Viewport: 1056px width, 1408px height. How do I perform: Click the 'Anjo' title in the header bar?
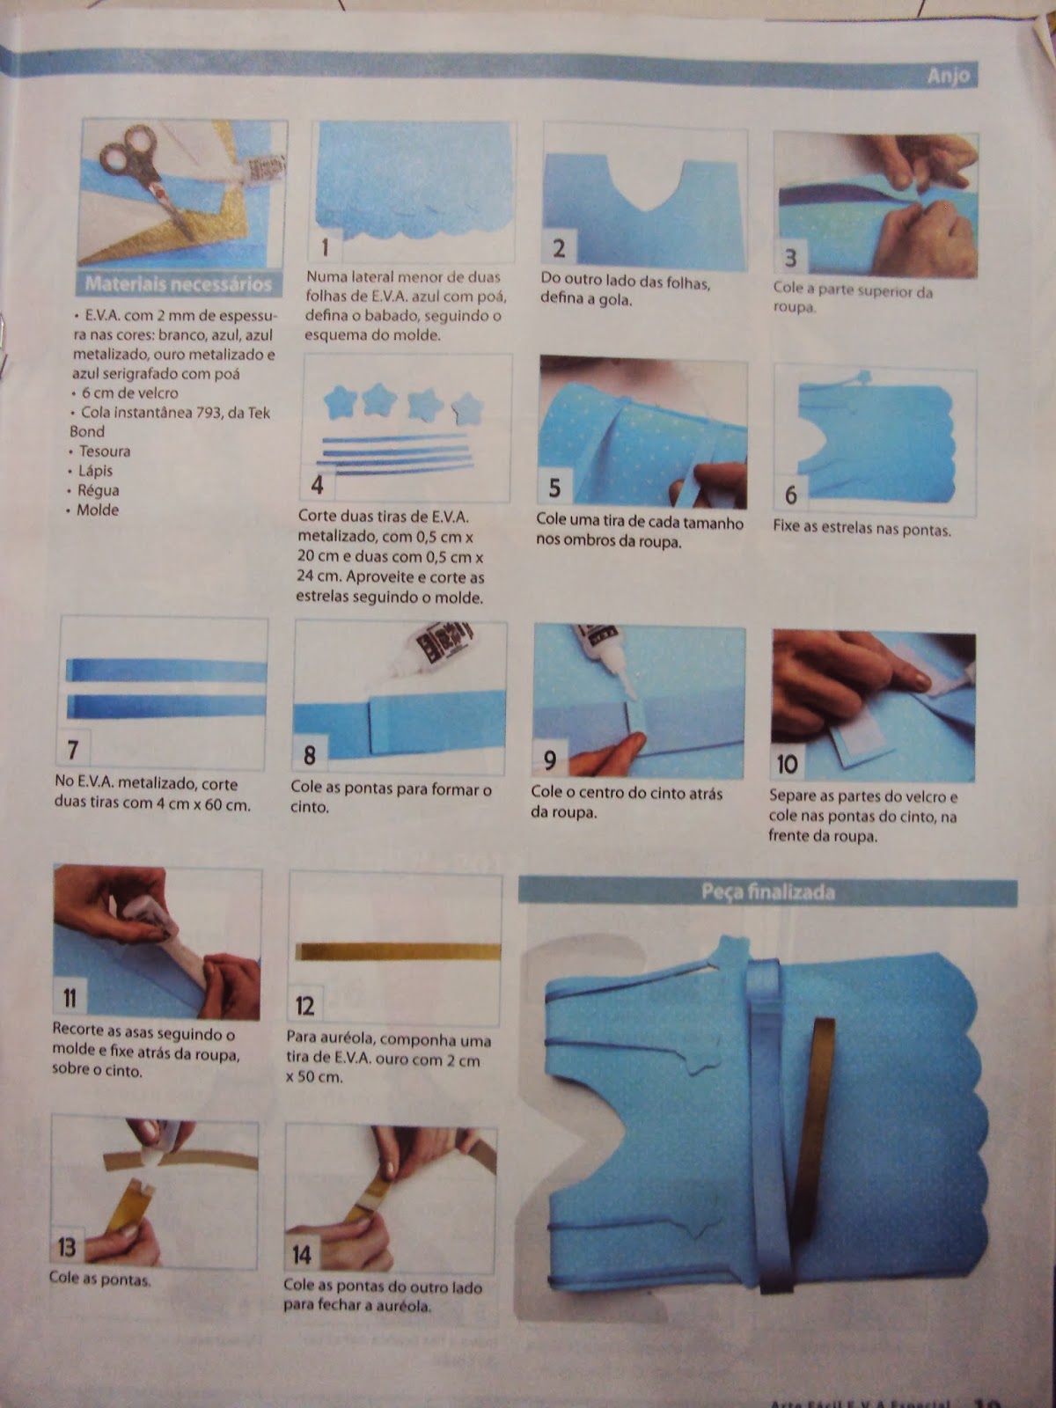coord(949,77)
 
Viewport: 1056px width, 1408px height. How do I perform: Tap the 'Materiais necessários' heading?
coord(179,284)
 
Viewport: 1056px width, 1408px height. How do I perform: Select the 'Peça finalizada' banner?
coord(768,891)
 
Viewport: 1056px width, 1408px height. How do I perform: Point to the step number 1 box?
coord(325,247)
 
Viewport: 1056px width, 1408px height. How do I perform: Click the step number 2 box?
coord(559,249)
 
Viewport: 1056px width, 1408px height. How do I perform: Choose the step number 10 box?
coord(787,764)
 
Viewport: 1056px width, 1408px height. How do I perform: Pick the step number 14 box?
coord(301,1255)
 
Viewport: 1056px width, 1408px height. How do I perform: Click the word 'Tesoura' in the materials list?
coord(105,451)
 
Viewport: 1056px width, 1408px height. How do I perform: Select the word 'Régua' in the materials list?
coord(98,490)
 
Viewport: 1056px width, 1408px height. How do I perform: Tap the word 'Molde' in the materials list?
coord(98,510)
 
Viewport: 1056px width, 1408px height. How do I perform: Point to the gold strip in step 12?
coord(398,952)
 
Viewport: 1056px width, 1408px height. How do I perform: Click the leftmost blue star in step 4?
coord(341,401)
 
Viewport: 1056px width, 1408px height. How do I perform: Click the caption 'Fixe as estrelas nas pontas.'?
coord(862,529)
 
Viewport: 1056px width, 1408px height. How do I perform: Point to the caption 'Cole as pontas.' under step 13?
coord(100,1279)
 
